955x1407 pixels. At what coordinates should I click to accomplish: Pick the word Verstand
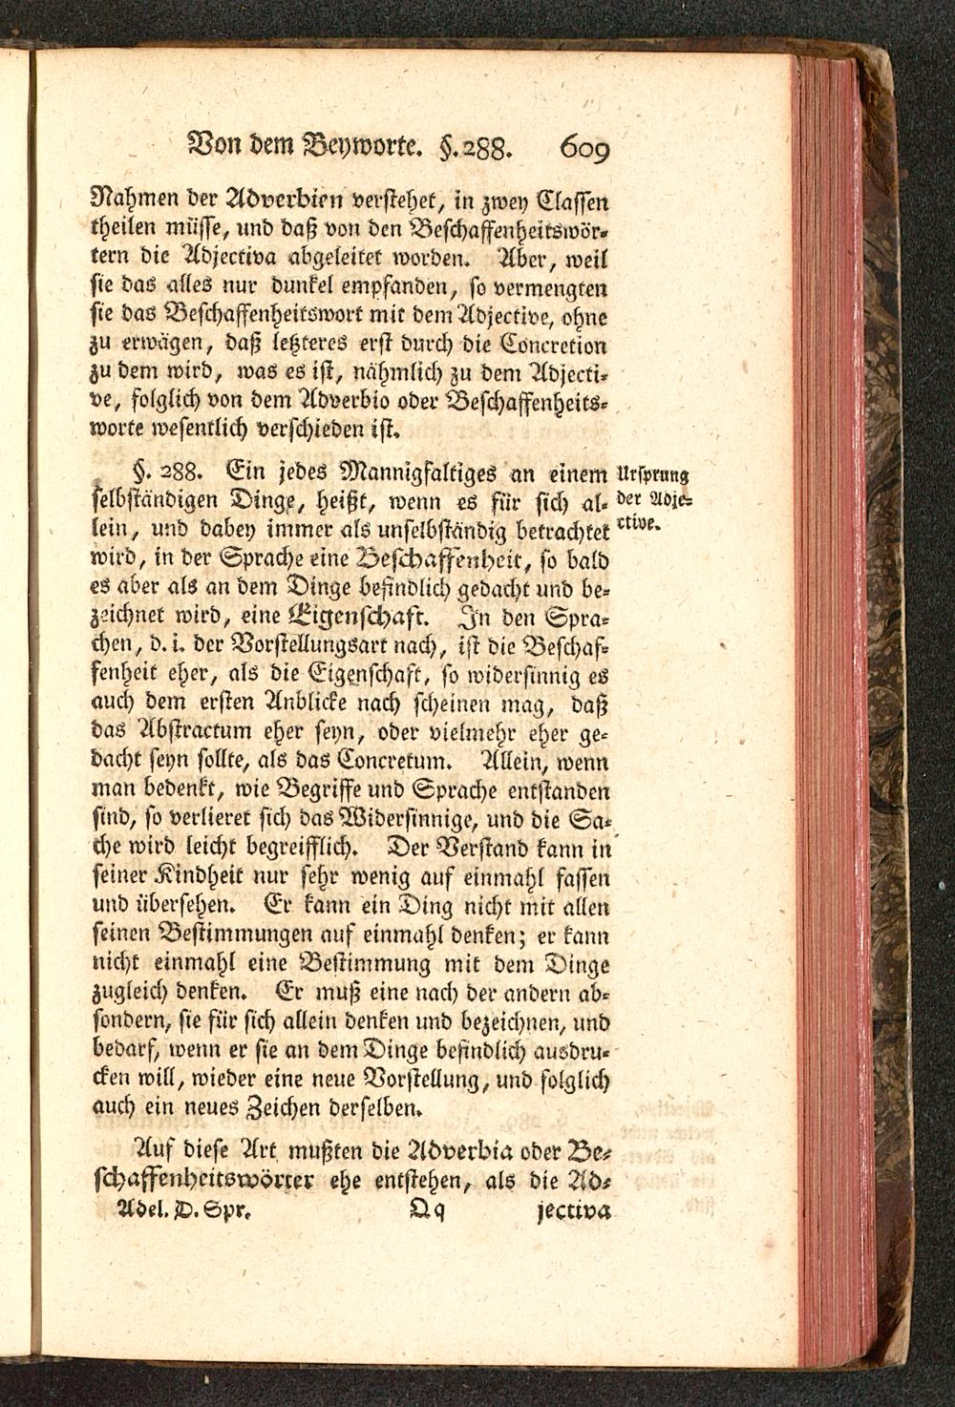tap(487, 848)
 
